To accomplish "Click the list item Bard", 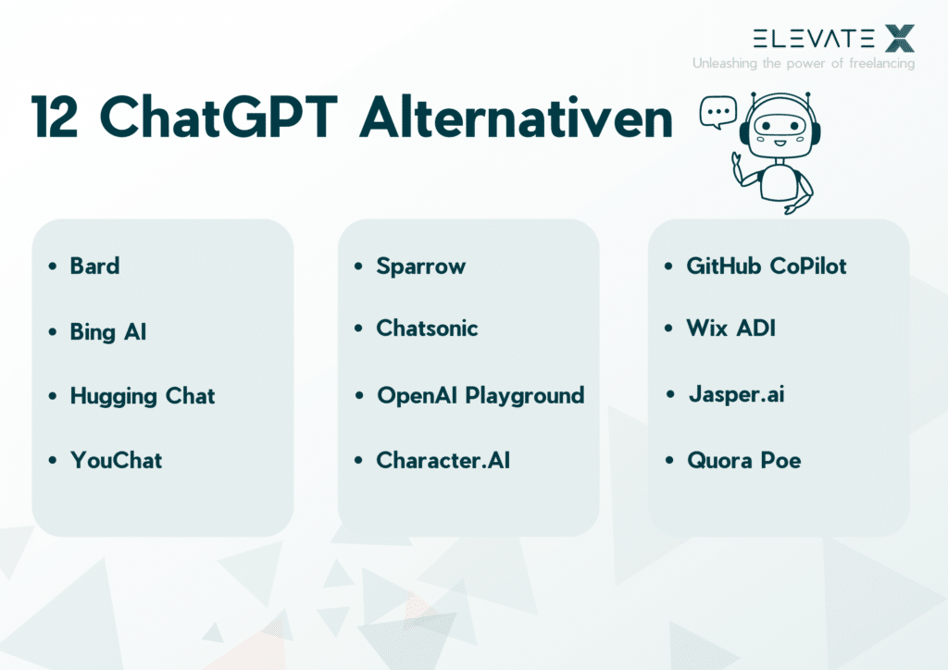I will click(94, 267).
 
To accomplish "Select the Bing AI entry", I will click(107, 332).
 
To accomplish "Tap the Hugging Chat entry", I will click(142, 397).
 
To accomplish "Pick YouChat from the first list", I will click(116, 460).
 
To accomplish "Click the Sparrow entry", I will click(420, 267).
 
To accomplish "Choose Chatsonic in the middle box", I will click(427, 329).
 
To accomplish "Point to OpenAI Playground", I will click(480, 396).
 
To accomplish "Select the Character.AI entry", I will click(443, 460).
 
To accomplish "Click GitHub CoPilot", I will click(766, 267).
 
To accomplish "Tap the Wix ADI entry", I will click(730, 329).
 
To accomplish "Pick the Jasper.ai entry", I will click(737, 394).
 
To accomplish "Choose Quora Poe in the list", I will click(743, 460).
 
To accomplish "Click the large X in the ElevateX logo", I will click(898, 39).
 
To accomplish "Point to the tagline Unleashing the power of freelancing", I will click(803, 64).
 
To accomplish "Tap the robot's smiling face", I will click(780, 130).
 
